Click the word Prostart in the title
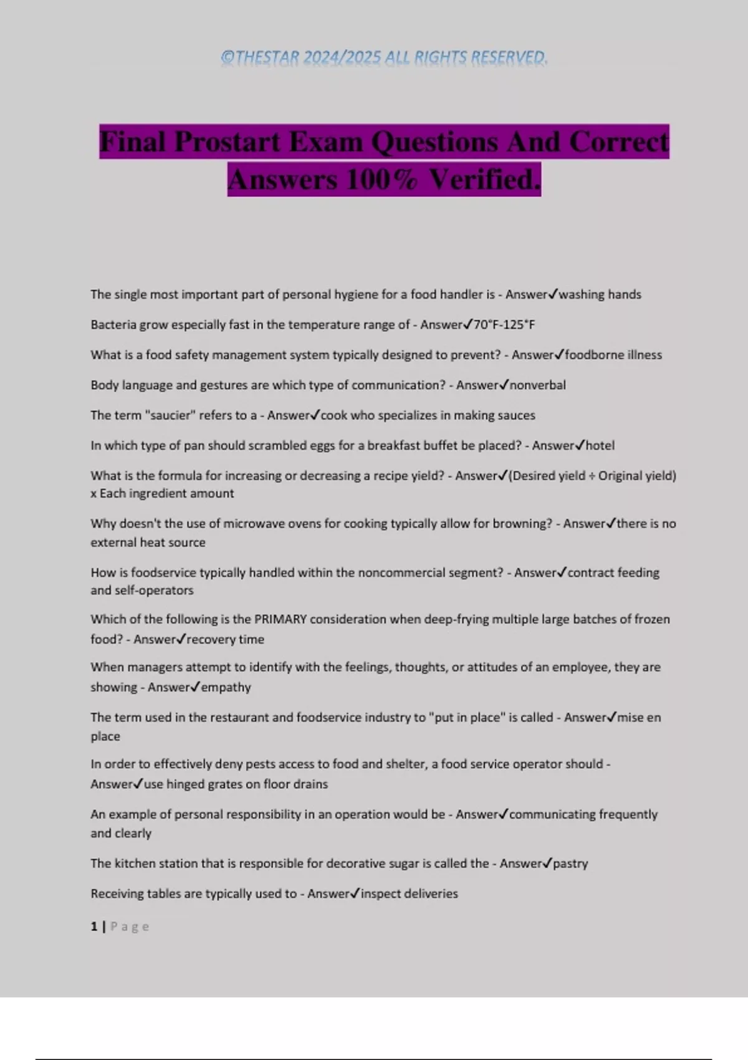(228, 142)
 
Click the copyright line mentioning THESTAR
(384, 57)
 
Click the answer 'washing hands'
(600, 294)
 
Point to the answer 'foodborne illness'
(613, 355)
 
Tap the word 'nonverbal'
(538, 385)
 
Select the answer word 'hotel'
(600, 446)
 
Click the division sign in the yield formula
(592, 476)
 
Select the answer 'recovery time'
(226, 639)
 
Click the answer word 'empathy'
(226, 687)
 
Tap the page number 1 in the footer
(94, 927)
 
